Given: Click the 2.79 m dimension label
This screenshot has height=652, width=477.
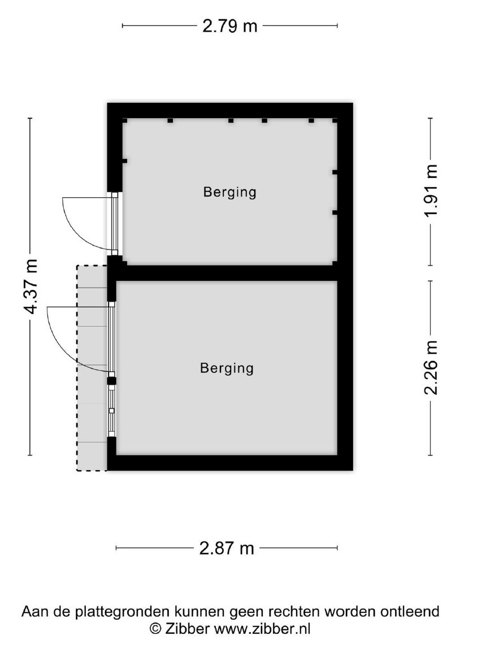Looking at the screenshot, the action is point(230,26).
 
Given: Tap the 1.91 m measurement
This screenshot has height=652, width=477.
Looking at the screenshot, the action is point(431,190).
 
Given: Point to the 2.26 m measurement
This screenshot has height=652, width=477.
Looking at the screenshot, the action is point(431,367).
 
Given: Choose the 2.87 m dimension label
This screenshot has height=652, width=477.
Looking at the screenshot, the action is point(227,549).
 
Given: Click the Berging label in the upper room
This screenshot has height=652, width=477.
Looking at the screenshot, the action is point(229,192).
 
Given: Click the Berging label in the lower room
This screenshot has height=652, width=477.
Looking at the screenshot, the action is point(227,368).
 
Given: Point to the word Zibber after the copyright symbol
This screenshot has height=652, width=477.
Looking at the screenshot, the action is point(187,628).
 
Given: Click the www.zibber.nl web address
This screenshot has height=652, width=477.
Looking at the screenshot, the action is point(262,628).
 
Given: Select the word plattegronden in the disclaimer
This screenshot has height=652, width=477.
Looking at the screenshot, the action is point(123,612).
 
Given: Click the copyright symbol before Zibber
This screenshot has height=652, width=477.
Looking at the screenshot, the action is point(155,628).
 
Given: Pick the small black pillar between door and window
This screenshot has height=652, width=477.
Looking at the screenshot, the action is point(111,380).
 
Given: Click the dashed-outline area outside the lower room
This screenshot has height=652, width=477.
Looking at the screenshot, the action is point(92,368).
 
